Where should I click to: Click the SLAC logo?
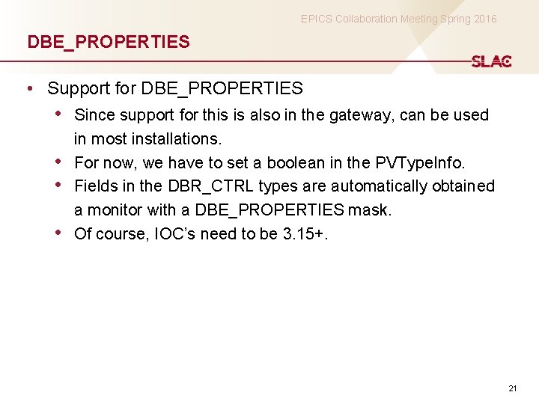491,62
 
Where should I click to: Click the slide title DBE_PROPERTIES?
109,42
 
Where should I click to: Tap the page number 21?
513,388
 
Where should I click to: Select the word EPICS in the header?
317,19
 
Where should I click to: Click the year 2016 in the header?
484,19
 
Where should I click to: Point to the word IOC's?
174,234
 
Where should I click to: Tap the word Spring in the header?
441,19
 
